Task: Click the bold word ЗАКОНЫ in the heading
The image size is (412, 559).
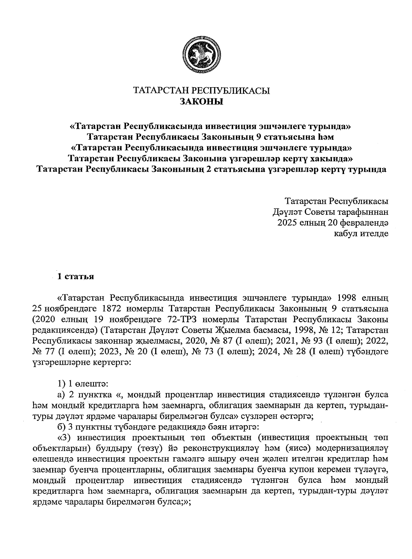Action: tap(202, 102)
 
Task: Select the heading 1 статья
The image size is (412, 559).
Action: tap(76, 277)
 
